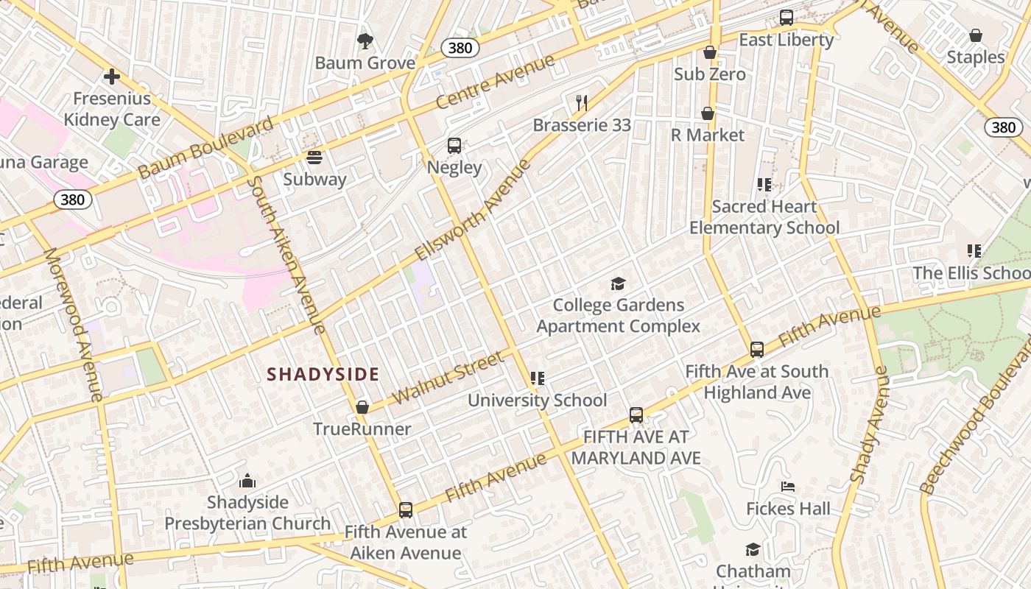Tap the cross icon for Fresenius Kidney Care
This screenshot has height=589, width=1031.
point(112,76)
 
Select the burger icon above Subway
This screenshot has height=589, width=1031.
point(314,158)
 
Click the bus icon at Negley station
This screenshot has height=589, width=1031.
point(454,146)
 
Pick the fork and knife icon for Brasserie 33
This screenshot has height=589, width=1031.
point(582,102)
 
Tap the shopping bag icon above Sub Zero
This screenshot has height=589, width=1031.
point(710,52)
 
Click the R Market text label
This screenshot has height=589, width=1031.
point(708,135)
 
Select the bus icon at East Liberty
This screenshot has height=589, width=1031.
point(787,18)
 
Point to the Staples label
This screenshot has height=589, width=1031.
point(975,57)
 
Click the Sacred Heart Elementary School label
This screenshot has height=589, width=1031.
point(764,217)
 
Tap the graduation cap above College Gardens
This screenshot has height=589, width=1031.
point(618,283)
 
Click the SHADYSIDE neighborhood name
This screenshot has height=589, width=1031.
point(323,374)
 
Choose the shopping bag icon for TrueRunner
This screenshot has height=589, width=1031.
point(362,407)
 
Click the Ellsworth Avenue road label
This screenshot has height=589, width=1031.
point(472,210)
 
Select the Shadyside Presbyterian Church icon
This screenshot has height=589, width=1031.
point(247,481)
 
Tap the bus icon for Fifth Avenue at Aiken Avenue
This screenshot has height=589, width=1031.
point(405,509)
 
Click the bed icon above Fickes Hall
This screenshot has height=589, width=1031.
point(788,487)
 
